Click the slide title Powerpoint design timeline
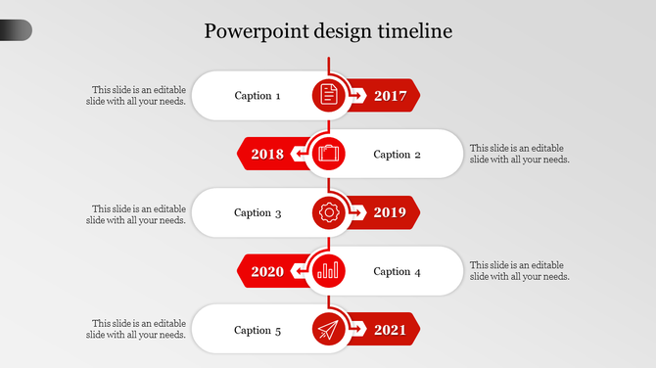(x=328, y=31)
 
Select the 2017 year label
(x=390, y=96)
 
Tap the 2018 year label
(x=267, y=154)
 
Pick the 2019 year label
(x=390, y=212)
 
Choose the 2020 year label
(x=267, y=271)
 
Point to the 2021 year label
(x=390, y=330)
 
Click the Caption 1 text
(x=258, y=96)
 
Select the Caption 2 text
(x=398, y=154)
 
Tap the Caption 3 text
(x=258, y=212)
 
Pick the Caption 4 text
(x=398, y=271)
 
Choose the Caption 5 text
(x=258, y=330)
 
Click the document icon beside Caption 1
(x=329, y=95)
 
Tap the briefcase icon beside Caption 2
(x=328, y=154)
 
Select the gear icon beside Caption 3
(x=329, y=212)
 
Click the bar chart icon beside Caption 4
(x=328, y=271)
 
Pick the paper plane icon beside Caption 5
(x=329, y=330)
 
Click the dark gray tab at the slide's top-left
(x=16, y=31)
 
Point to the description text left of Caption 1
(x=136, y=95)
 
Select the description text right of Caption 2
(x=519, y=154)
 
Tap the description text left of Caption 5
(x=136, y=329)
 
